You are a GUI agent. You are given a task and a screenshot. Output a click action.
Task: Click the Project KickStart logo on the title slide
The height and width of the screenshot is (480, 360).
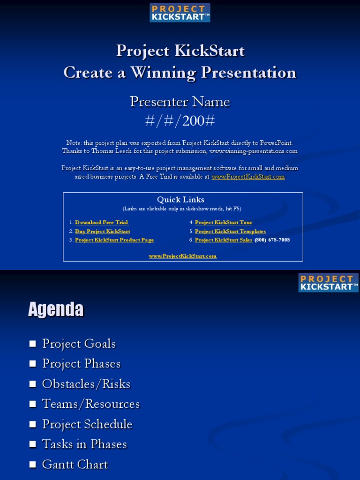click(x=180, y=13)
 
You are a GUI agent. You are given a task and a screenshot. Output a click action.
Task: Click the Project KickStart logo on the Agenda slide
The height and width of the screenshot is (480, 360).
click(x=328, y=283)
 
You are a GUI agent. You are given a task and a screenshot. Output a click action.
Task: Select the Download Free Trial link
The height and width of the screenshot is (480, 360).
click(x=102, y=223)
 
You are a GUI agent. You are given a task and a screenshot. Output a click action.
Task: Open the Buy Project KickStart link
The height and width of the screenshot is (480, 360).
click(x=102, y=232)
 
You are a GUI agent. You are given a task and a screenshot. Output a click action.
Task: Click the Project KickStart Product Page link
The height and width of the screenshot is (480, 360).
click(x=114, y=240)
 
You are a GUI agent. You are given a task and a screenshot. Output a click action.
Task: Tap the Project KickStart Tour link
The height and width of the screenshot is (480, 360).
click(x=223, y=223)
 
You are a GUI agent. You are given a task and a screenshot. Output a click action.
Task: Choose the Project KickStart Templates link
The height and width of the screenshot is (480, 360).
click(x=230, y=232)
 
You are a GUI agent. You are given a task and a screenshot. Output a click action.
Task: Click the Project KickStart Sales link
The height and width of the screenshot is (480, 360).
click(x=223, y=240)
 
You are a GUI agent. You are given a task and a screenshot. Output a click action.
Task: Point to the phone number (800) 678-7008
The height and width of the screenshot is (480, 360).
click(x=272, y=240)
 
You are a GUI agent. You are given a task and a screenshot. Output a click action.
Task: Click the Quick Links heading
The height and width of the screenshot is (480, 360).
click(x=180, y=200)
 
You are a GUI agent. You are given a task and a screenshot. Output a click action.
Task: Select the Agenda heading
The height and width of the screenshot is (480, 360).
click(x=56, y=309)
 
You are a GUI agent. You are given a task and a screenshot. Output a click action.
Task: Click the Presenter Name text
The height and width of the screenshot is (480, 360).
click(x=180, y=102)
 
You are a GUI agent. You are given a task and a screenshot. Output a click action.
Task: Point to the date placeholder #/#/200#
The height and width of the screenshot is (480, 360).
click(x=180, y=121)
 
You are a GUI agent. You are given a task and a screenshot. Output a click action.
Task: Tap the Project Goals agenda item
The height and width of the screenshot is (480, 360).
click(x=79, y=344)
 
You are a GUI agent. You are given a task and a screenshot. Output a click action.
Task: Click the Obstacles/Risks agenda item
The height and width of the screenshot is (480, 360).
click(x=86, y=384)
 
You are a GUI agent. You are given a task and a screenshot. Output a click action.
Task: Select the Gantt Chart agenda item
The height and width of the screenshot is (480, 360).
click(x=75, y=465)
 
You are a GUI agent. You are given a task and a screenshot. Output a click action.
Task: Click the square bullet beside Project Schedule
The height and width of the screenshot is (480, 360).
click(x=32, y=424)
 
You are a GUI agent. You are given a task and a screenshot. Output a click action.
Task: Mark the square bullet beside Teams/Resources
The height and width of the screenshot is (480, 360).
click(x=32, y=404)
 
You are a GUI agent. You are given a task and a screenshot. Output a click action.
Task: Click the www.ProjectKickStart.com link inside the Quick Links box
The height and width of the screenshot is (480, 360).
click(x=183, y=256)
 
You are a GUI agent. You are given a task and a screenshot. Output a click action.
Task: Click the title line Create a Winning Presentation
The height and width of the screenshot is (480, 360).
click(x=180, y=73)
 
